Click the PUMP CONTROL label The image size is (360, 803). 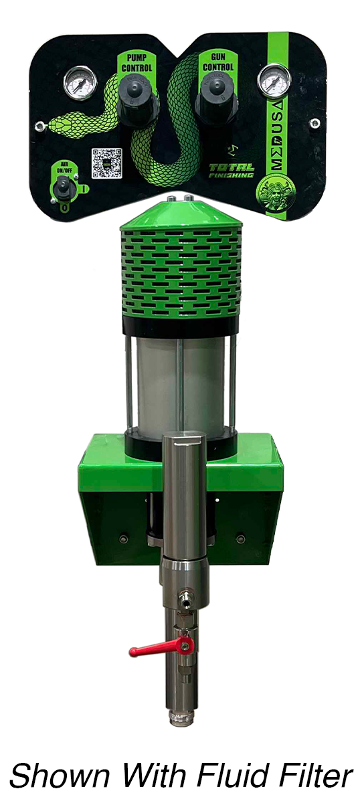137,62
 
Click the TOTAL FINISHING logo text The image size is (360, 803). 231,171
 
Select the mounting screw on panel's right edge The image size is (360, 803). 314,122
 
